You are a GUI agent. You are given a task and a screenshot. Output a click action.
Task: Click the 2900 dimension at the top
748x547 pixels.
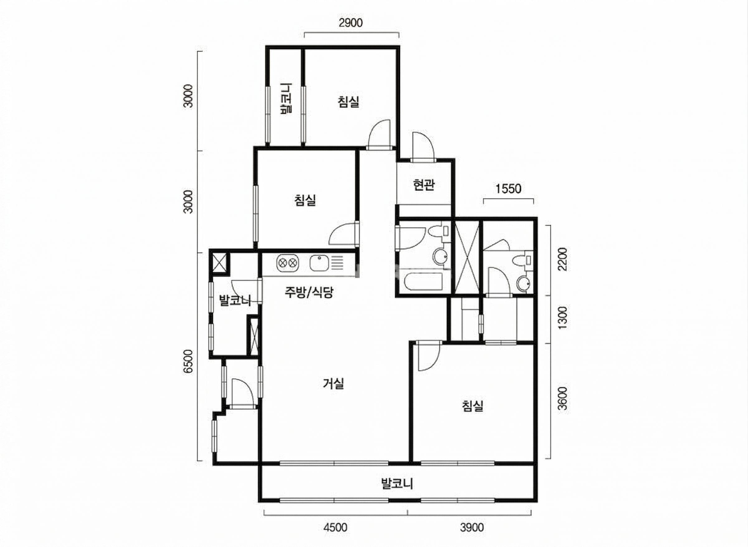351,23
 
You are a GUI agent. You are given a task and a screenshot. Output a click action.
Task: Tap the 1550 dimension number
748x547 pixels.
508,189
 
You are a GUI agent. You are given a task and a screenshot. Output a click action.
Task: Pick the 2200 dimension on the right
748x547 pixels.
563,259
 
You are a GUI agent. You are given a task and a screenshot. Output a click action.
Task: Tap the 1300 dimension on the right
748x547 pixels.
563,318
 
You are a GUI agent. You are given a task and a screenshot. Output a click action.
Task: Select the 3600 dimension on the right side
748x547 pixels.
563,399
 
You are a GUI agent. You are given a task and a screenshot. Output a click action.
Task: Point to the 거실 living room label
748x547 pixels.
333,384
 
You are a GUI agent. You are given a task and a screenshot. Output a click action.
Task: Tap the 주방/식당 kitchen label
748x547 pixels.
309,292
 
